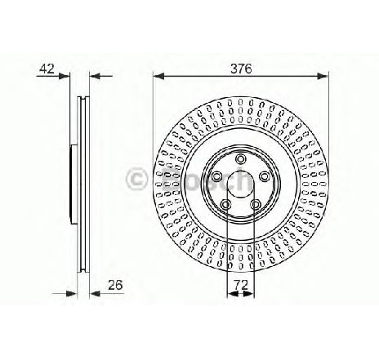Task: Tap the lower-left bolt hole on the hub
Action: click(x=225, y=203)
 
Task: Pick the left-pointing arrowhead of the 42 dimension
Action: click(x=93, y=78)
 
